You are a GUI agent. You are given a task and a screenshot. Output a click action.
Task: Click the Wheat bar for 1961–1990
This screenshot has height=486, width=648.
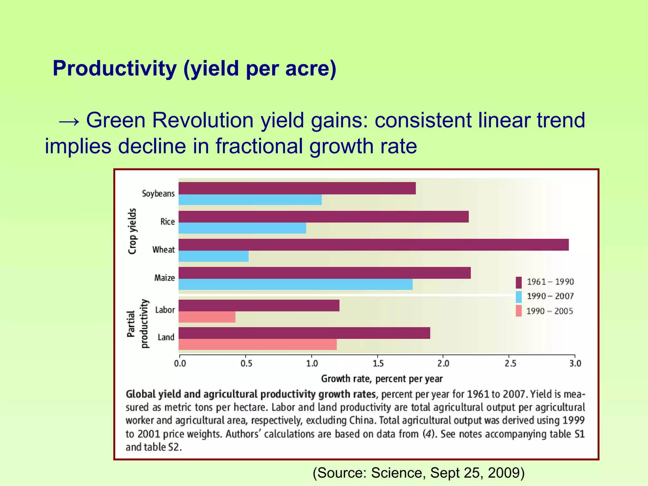[373, 245]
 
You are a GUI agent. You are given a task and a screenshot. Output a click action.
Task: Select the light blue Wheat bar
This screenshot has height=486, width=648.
[214, 256]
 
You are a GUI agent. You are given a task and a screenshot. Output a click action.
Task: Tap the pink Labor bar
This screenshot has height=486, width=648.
[207, 317]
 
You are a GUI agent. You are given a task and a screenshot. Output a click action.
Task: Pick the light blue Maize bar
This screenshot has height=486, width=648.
[296, 284]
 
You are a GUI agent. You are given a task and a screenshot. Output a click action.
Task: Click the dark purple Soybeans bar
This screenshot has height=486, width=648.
[297, 188]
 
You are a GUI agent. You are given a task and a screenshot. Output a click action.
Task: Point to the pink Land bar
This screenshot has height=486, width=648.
[258, 344]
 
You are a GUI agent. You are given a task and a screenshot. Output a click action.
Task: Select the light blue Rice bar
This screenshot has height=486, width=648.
[242, 228]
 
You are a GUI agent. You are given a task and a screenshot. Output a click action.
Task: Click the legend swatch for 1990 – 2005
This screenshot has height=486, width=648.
[519, 311]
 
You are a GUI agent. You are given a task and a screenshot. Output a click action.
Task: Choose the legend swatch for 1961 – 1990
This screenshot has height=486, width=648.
[519, 282]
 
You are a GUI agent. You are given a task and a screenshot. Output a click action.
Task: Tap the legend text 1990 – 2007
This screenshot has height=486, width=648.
[550, 296]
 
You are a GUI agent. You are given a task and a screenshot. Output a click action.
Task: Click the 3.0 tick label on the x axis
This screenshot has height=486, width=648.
[575, 364]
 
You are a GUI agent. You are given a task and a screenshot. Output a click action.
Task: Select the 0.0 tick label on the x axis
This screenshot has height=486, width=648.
[180, 364]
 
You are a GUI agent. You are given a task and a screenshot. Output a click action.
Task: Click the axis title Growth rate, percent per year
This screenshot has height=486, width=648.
[382, 379]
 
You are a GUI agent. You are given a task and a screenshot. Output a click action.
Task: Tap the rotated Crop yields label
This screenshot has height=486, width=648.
[132, 231]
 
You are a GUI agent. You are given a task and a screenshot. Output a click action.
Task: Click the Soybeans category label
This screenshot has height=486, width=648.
[158, 193]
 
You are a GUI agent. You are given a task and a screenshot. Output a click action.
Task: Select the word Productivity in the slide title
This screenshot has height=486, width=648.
[115, 68]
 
